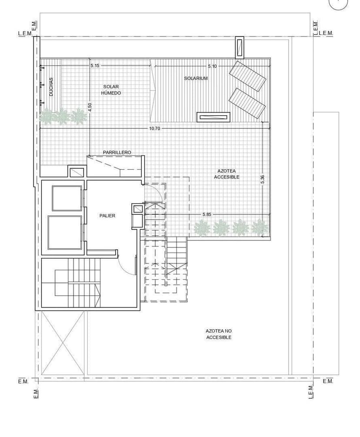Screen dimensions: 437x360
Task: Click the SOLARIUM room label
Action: pyautogui.click(x=196, y=78)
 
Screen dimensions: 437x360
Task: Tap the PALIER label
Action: pyautogui.click(x=107, y=216)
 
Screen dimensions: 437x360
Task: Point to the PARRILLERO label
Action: pyautogui.click(x=117, y=153)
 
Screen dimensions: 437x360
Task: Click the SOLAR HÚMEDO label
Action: pyautogui.click(x=111, y=90)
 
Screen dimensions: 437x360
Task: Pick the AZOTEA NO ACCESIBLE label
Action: pyautogui.click(x=219, y=334)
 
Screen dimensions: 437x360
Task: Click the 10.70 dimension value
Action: pyautogui.click(x=155, y=129)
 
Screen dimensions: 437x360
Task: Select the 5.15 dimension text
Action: pyautogui.click(x=95, y=66)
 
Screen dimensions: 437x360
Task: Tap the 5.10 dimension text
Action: pyautogui.click(x=212, y=66)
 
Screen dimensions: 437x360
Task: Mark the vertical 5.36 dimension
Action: pyautogui.click(x=262, y=179)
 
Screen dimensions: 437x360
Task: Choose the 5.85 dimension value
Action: pyautogui.click(x=207, y=215)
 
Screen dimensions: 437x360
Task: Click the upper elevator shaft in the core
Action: pyautogui.click(x=67, y=198)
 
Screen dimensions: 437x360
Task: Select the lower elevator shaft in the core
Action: pyautogui.click(x=65, y=233)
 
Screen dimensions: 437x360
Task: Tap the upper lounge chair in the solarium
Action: pyautogui.click(x=247, y=76)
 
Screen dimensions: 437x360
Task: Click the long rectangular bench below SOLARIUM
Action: pyautogui.click(x=213, y=117)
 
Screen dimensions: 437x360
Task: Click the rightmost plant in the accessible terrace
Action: pyautogui.click(x=260, y=227)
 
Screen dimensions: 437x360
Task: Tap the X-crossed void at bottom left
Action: pyautogui.click(x=62, y=344)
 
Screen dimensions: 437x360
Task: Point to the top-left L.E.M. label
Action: pyautogui.click(x=25, y=33)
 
